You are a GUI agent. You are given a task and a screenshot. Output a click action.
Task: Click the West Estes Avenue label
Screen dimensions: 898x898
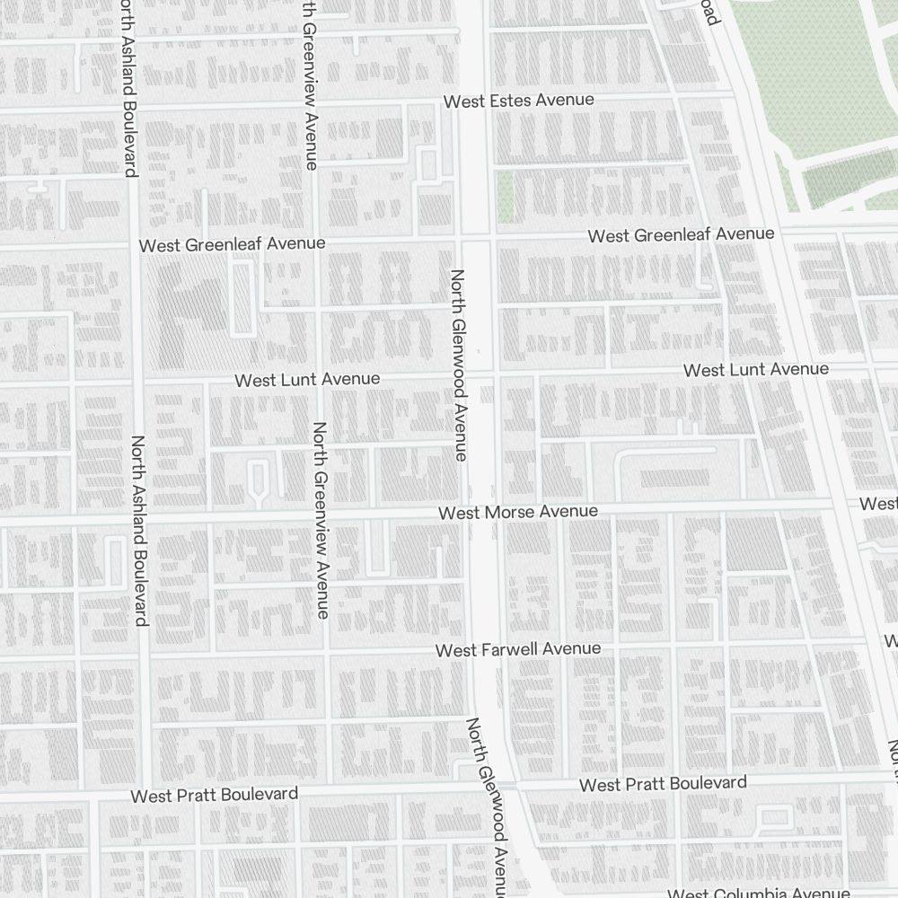(519, 101)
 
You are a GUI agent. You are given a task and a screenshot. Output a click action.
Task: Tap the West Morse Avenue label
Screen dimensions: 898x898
(518, 512)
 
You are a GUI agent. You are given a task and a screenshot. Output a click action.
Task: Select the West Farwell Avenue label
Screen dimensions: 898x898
(518, 649)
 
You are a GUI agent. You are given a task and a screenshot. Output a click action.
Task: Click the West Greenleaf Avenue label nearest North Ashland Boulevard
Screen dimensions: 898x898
(232, 244)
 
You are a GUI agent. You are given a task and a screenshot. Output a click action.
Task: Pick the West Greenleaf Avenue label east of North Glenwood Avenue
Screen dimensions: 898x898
(681, 235)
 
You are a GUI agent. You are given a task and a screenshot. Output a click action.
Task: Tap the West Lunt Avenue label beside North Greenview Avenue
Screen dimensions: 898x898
(307, 380)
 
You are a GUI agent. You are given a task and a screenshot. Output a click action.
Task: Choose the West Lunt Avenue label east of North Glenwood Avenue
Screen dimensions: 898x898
(756, 370)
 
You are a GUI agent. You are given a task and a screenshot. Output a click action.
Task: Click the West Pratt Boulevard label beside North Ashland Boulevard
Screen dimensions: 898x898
(214, 796)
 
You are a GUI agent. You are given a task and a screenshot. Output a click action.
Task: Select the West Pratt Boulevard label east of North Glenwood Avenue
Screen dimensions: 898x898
(663, 784)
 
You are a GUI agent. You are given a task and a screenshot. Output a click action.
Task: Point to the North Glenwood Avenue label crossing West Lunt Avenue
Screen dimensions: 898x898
(458, 365)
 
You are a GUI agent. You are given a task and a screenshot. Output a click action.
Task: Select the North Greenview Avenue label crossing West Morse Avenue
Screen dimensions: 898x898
(321, 519)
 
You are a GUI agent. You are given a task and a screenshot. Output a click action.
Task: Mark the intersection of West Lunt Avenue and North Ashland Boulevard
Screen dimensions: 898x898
(136, 383)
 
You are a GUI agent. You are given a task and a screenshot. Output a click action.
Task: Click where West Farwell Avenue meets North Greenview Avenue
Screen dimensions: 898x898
(325, 653)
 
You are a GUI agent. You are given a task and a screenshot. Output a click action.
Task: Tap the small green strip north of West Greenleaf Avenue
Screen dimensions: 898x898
(505, 197)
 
